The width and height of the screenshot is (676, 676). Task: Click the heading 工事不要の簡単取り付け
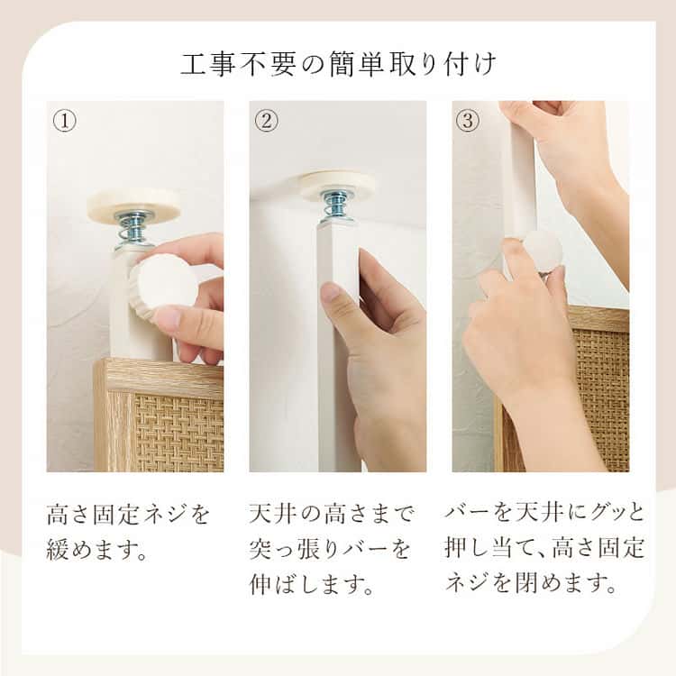click(x=338, y=65)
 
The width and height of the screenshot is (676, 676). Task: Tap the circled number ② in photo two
click(x=264, y=121)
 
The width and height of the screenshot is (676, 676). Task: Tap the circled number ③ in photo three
click(x=467, y=121)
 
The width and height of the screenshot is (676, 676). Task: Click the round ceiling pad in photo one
click(x=133, y=205)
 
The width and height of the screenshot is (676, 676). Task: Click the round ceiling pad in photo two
click(x=337, y=185)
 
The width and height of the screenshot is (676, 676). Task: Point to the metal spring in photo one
click(x=133, y=231)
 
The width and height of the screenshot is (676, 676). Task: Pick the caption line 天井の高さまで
click(x=331, y=516)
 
